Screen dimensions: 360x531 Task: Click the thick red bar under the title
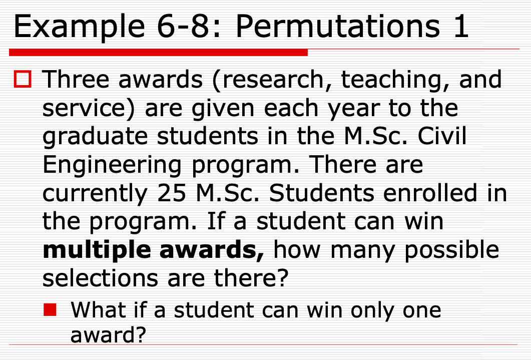coord(158,52)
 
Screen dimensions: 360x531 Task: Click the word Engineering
coord(112,165)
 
